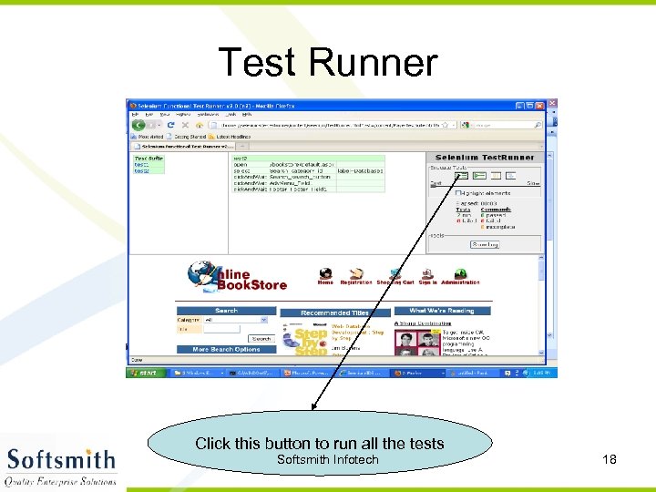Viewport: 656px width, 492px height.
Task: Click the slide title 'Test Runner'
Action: tap(328, 63)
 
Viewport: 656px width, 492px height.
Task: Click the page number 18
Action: tap(610, 459)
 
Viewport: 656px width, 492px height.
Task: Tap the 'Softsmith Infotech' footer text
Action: tap(327, 459)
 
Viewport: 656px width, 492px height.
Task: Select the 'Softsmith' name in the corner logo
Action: tap(61, 458)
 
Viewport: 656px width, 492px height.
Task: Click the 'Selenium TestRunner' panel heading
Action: tap(484, 158)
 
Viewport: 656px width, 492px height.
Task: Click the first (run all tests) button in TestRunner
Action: tap(463, 175)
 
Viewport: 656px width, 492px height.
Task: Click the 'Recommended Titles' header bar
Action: tap(334, 312)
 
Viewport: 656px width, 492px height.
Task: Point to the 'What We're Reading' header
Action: tap(441, 311)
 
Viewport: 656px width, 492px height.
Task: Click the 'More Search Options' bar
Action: tap(226, 349)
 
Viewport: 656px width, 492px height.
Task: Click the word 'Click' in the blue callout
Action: tap(213, 444)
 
